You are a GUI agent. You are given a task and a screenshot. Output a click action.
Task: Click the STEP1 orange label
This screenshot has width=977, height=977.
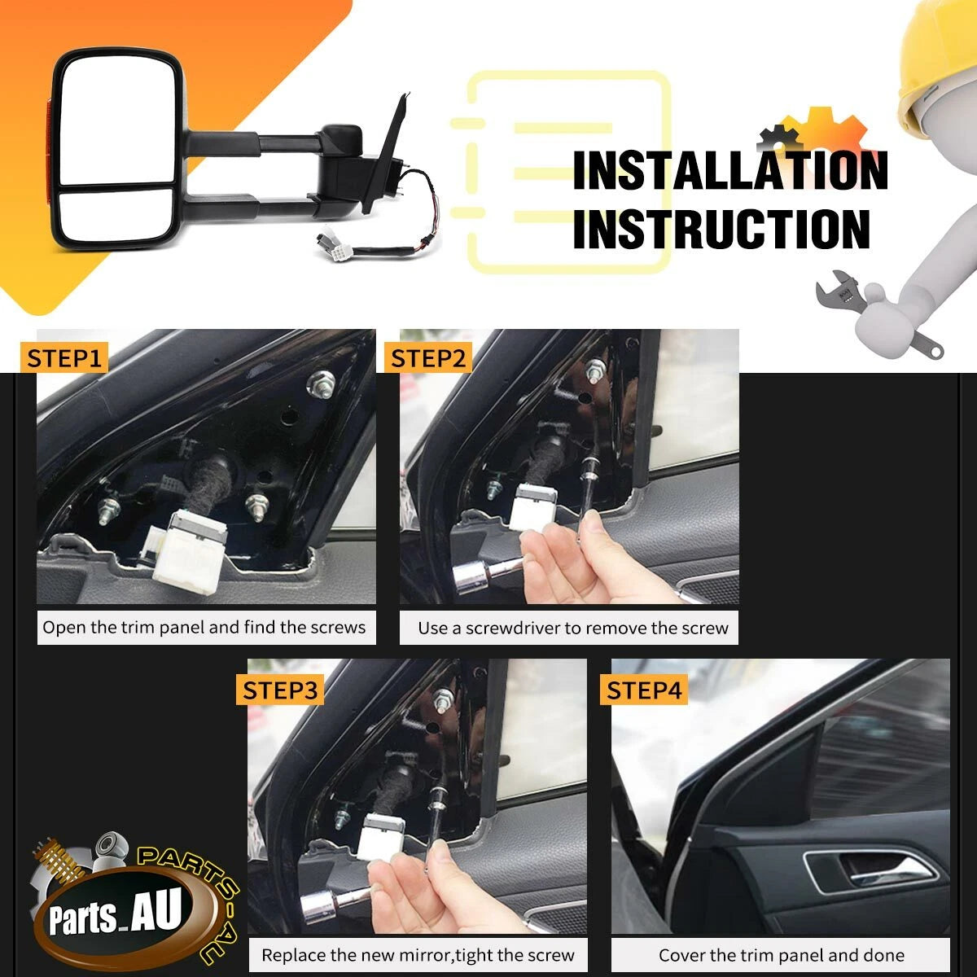pyautogui.click(x=64, y=358)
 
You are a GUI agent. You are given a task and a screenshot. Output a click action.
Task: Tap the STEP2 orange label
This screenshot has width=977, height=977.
pyautogui.click(x=428, y=358)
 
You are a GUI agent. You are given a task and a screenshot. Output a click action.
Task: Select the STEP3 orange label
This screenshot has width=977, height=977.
pyautogui.click(x=280, y=690)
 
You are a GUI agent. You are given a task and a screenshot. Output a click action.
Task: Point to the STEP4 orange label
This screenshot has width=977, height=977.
pyautogui.click(x=644, y=690)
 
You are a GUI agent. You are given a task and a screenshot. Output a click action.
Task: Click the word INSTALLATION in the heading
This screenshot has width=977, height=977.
pyautogui.click(x=730, y=171)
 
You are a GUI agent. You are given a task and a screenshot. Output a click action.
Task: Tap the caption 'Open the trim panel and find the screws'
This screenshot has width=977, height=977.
pyautogui.click(x=204, y=627)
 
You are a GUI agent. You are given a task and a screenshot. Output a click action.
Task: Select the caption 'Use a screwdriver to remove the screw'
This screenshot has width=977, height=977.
pyautogui.click(x=573, y=629)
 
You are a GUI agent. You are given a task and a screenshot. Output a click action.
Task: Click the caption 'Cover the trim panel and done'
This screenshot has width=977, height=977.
pyautogui.click(x=782, y=955)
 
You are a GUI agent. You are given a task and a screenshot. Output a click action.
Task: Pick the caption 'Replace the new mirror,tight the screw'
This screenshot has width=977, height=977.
pyautogui.click(x=418, y=955)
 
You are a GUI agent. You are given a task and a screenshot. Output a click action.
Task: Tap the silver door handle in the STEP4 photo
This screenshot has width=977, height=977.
pyautogui.click(x=870, y=873)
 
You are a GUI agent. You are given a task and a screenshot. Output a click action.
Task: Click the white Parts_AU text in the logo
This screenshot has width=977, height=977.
pyautogui.click(x=115, y=913)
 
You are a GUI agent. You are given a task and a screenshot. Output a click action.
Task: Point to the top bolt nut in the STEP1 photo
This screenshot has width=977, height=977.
pyautogui.click(x=321, y=383)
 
